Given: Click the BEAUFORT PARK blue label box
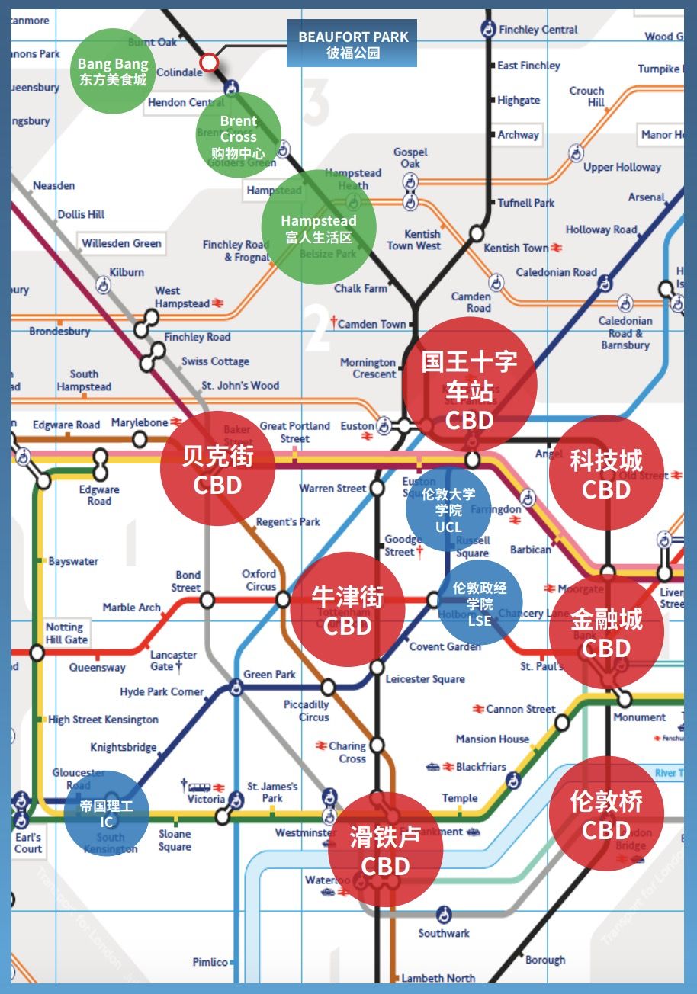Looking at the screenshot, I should click(x=352, y=44).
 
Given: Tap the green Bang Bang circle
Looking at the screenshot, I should click(x=113, y=71).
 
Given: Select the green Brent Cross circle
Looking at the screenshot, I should click(x=238, y=136).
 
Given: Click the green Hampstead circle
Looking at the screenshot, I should click(x=318, y=228).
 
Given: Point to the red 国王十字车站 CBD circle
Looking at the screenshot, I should click(x=469, y=385).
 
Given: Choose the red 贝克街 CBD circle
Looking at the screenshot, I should click(x=217, y=469).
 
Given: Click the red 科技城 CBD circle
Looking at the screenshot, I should click(x=606, y=473).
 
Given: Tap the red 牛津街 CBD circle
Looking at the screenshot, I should click(x=348, y=609).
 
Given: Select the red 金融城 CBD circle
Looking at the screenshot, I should click(x=606, y=632).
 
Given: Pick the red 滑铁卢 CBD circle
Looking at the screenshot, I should click(x=385, y=850).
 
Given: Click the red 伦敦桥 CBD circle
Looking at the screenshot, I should click(x=606, y=813).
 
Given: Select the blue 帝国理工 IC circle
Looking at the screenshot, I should click(x=107, y=813).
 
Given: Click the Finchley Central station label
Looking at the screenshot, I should click(x=538, y=30).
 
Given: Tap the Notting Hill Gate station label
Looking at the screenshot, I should click(x=66, y=633).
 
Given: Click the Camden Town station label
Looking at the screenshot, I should click(x=372, y=324).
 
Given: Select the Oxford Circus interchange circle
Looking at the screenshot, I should click(x=283, y=600).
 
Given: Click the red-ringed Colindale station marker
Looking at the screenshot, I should click(x=208, y=63).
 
